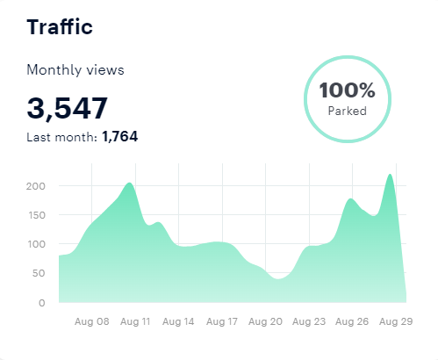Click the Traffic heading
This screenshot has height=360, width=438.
pyautogui.click(x=60, y=26)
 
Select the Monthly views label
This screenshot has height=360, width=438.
pyautogui.click(x=75, y=69)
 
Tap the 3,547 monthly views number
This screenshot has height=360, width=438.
pyautogui.click(x=68, y=108)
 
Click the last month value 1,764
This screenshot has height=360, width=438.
pyautogui.click(x=120, y=136)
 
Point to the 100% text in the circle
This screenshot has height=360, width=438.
pyautogui.click(x=347, y=90)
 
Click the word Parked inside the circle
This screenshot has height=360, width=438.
pyautogui.click(x=347, y=112)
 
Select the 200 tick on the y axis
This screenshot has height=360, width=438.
pyautogui.click(x=35, y=186)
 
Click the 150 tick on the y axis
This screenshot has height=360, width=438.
pyautogui.click(x=35, y=215)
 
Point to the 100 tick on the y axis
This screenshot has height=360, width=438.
pyautogui.click(x=35, y=244)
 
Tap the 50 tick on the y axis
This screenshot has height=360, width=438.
pyautogui.click(x=38, y=274)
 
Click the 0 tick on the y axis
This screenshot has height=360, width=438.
pyautogui.click(x=41, y=303)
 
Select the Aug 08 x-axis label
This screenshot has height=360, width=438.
pyautogui.click(x=91, y=322)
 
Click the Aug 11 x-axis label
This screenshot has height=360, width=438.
pyautogui.click(x=134, y=322)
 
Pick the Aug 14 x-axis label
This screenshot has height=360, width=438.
pyautogui.click(x=177, y=322)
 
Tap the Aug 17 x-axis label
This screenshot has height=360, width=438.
pyautogui.click(x=220, y=322)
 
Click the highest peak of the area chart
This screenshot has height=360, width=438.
pyautogui.click(x=390, y=176)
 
